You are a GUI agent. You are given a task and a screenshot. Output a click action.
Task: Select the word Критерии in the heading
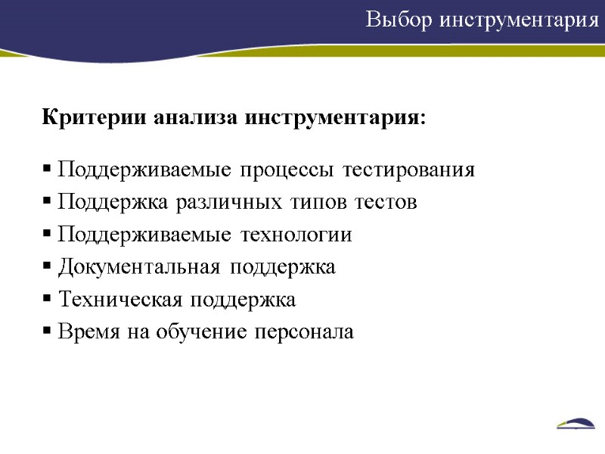[95, 119]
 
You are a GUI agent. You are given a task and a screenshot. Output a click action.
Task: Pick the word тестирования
[409, 171]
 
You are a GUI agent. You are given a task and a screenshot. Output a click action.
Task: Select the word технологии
[296, 235]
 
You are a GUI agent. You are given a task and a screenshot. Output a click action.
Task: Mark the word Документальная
[140, 267]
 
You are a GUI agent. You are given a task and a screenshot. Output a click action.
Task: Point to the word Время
[85, 332]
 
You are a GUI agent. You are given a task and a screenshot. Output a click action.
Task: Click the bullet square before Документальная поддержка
[47, 268]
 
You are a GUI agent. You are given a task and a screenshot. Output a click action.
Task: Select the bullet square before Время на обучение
[47, 333]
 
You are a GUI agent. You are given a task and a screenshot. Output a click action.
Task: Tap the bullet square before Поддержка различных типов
[47, 204]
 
